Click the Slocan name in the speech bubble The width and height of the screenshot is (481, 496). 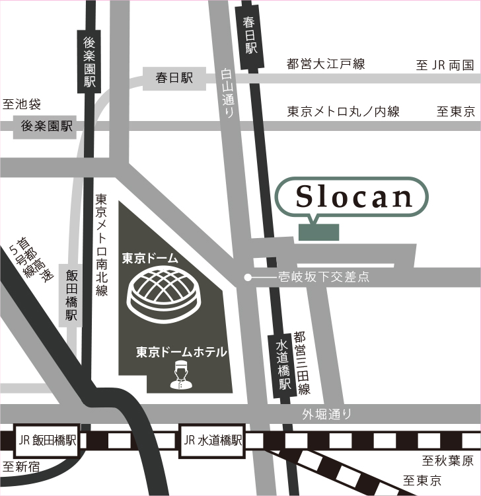[x=353, y=196]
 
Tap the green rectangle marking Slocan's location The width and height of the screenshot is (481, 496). [x=318, y=232]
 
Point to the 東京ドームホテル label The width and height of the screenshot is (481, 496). [x=180, y=352]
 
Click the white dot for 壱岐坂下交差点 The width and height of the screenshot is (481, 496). [x=248, y=278]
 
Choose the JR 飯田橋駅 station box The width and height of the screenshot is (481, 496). [x=47, y=440]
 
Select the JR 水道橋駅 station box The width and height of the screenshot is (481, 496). [x=211, y=440]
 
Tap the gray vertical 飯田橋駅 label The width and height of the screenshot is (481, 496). [x=71, y=295]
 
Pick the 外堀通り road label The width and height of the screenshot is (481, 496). [x=326, y=415]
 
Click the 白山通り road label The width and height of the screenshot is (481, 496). [x=227, y=93]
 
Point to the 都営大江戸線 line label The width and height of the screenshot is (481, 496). [x=326, y=64]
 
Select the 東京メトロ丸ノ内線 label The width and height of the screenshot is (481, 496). [x=343, y=112]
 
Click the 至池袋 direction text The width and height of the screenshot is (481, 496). [x=22, y=104]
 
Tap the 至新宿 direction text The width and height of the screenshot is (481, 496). [x=22, y=467]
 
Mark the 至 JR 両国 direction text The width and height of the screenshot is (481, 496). [x=445, y=65]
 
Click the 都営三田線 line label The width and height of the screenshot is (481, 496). [x=303, y=363]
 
